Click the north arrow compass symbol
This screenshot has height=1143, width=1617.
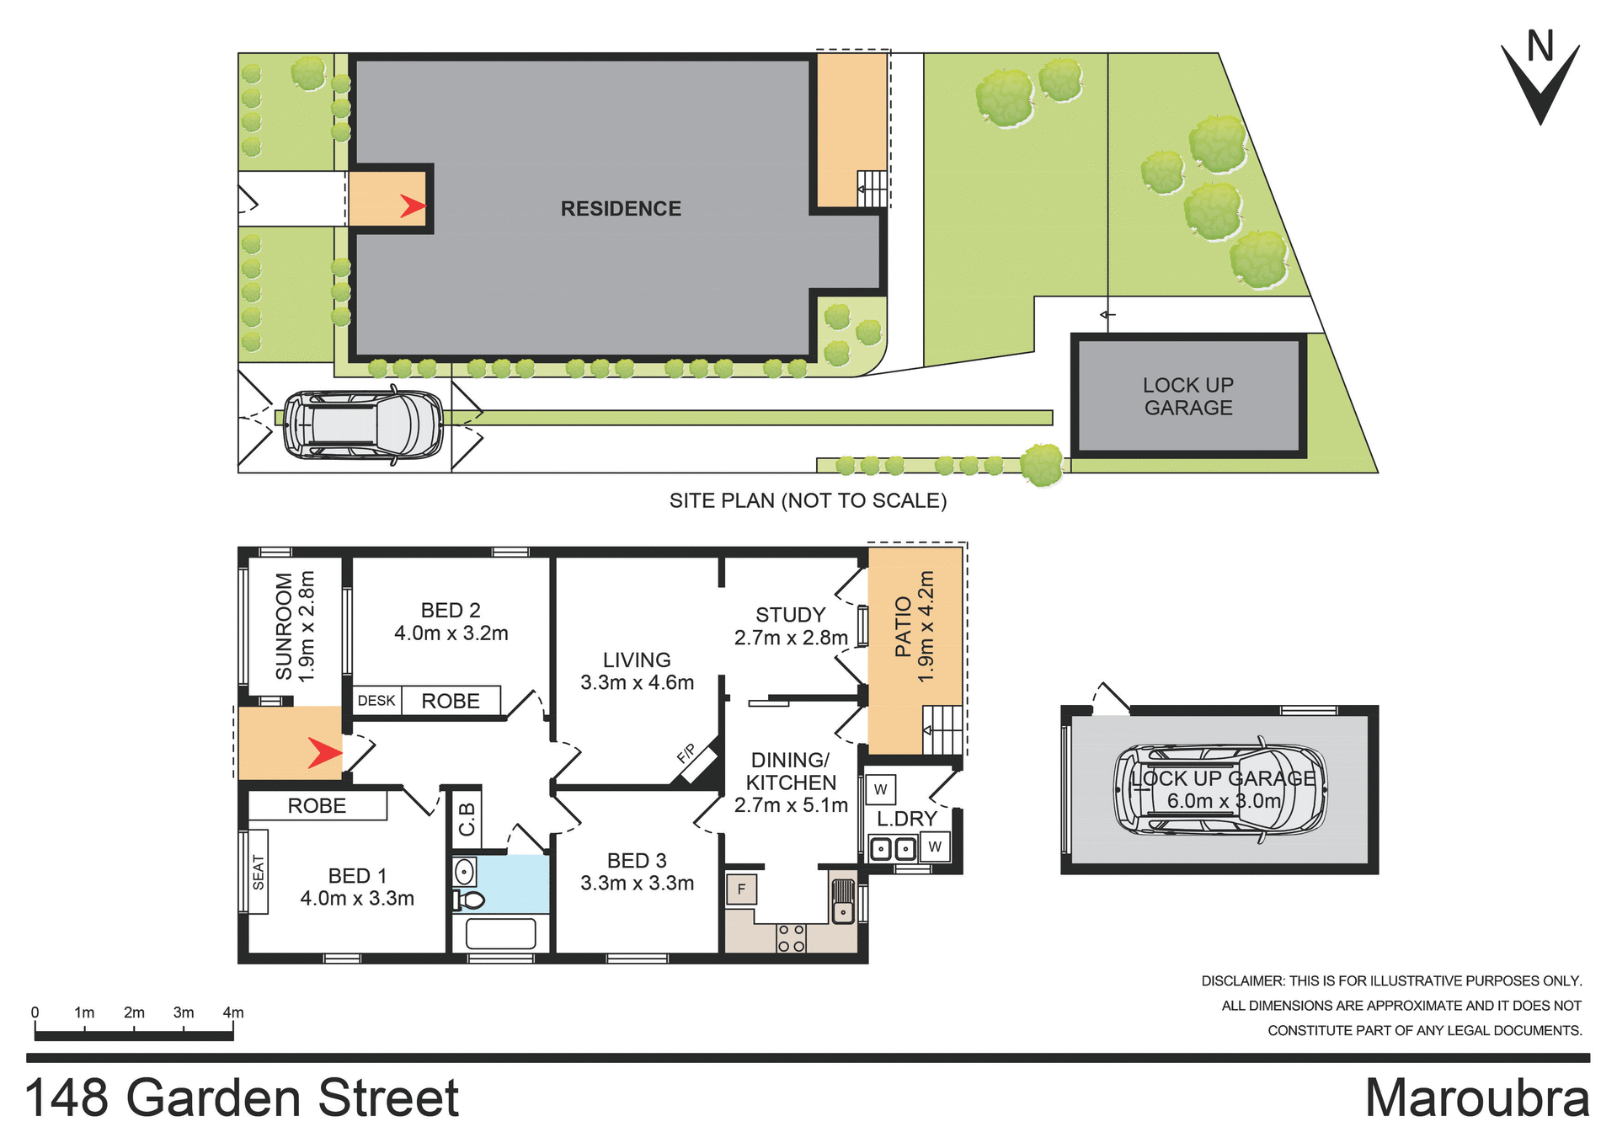[1540, 80]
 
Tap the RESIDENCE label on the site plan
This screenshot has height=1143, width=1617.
[621, 209]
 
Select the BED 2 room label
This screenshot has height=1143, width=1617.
[451, 611]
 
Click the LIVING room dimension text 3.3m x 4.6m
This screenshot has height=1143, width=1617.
[637, 683]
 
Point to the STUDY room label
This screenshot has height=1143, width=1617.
[790, 615]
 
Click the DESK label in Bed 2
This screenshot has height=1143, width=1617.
[376, 701]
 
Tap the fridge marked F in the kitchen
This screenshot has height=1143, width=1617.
[741, 889]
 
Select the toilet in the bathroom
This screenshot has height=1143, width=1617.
[469, 900]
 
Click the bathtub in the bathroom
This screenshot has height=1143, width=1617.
[500, 934]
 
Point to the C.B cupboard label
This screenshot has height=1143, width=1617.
[467, 819]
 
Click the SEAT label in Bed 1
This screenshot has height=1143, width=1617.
[258, 873]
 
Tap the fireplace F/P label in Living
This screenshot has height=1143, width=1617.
[687, 753]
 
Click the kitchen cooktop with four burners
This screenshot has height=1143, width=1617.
[791, 938]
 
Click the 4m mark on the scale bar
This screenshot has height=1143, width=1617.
[233, 1013]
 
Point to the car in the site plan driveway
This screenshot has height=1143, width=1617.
[363, 425]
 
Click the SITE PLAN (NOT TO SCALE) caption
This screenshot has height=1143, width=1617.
[808, 501]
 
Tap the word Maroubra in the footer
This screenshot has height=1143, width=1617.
[1476, 1098]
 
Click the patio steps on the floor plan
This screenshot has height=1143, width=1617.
[942, 729]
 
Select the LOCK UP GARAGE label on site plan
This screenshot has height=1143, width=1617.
[1187, 397]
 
